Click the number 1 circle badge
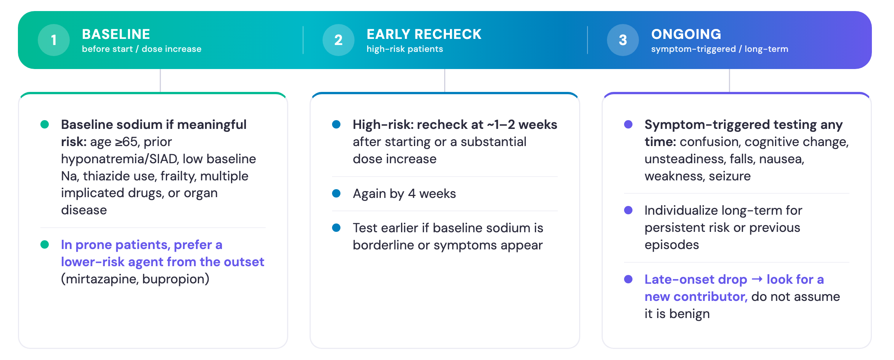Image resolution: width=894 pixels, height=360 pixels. point(54,40)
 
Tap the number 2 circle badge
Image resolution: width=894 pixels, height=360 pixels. point(339,40)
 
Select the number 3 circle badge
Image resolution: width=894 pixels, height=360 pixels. point(623,40)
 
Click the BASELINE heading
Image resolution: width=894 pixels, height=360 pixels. point(116,34)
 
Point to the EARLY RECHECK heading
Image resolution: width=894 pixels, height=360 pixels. point(424,34)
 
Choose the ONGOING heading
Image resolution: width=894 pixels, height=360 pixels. point(686,34)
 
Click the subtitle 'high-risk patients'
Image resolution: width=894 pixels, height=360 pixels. point(405,49)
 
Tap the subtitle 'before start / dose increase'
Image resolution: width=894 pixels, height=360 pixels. point(141,49)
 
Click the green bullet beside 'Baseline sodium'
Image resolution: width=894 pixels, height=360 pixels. point(45,124)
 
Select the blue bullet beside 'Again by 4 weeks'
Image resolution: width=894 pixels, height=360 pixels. point(336,193)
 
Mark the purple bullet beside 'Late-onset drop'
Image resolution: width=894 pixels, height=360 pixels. point(628,279)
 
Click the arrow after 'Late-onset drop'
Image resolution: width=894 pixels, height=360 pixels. point(757,280)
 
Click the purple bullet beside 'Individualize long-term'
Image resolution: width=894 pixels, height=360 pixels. point(628,210)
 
